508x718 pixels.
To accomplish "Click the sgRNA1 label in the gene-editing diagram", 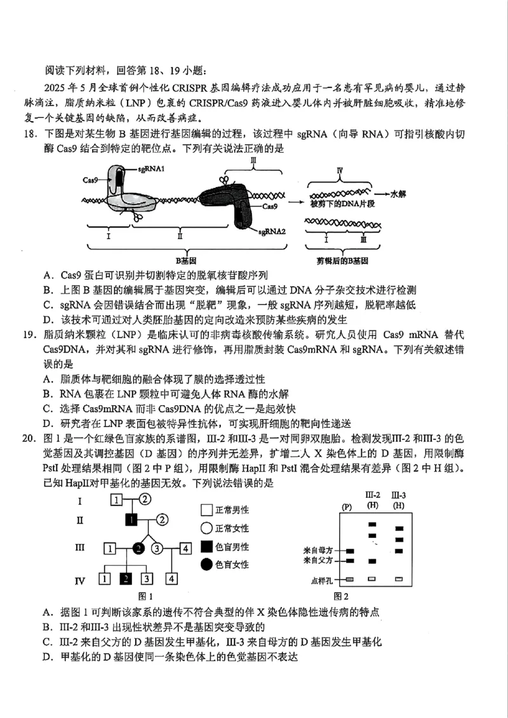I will (152, 169).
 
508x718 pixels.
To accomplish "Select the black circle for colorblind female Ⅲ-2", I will (138, 549).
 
